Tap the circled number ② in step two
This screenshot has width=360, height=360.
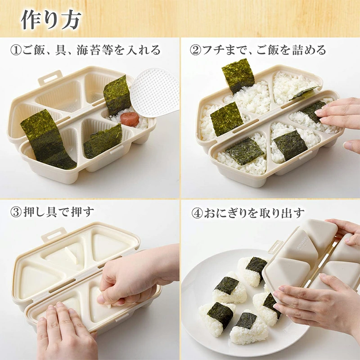click(195, 50)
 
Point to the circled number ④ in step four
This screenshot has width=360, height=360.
click(195, 212)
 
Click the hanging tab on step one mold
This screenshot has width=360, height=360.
click(49, 77)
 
